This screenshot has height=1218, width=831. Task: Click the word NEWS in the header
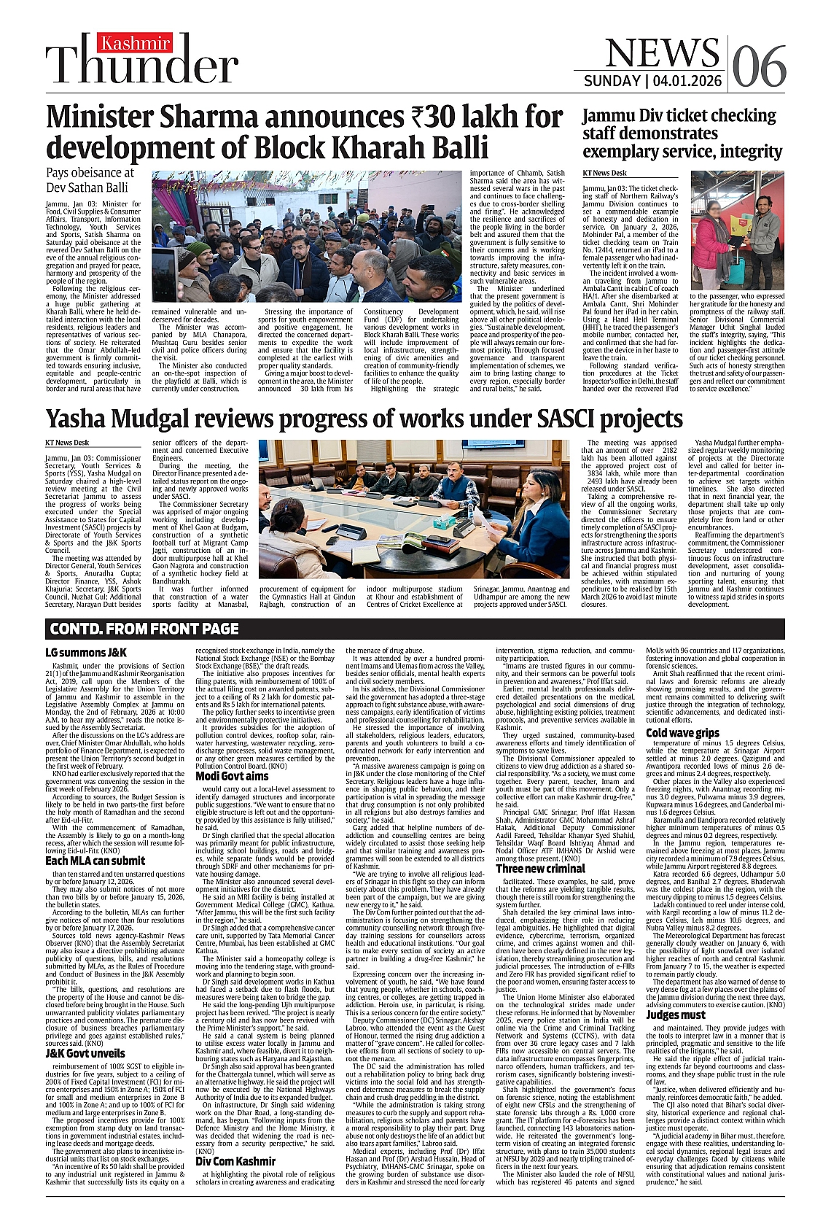[662, 53]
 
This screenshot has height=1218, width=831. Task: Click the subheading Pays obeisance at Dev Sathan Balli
[90, 179]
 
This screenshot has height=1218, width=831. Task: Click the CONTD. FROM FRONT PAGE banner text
[144, 629]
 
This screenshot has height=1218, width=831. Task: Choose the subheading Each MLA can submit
[95, 861]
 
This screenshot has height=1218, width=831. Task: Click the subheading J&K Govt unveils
[85, 1053]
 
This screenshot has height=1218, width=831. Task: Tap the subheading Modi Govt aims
[232, 775]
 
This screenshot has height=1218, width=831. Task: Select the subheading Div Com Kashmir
[235, 1182]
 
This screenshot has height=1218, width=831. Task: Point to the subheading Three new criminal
[540, 869]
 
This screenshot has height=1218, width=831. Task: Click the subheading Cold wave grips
[682, 732]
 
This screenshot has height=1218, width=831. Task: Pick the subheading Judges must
[676, 1015]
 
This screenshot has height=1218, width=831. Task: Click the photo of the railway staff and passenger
[737, 230]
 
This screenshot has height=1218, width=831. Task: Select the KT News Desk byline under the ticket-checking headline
[604, 174]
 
